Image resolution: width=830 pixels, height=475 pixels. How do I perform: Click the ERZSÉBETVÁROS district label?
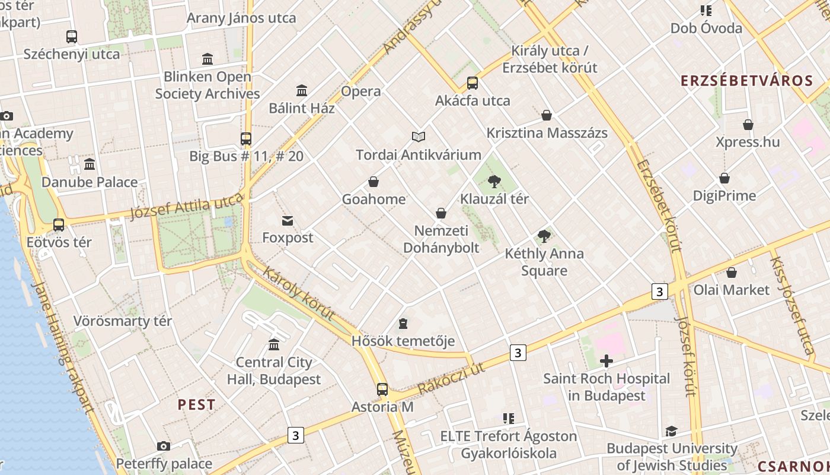[x=745, y=81]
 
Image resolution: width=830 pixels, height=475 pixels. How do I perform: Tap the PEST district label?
[x=196, y=405]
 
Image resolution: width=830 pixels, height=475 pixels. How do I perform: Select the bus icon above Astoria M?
[x=382, y=389]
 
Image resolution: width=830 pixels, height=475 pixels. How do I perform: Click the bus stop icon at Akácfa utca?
[x=472, y=83]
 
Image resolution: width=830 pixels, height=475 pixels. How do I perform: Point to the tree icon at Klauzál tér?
[x=494, y=182]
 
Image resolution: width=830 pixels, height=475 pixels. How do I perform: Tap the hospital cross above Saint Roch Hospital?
[x=606, y=360]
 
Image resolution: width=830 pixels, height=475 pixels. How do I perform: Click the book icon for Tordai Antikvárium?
[x=419, y=137]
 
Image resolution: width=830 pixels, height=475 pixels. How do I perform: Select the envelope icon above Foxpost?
[x=288, y=221]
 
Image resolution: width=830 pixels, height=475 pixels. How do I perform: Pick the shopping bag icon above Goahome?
[x=373, y=182]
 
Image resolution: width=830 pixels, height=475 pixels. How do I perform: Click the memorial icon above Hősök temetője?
[x=403, y=324]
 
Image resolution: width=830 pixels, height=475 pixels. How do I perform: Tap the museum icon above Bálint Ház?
[x=302, y=91]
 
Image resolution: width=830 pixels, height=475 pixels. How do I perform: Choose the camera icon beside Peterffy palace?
[x=164, y=446]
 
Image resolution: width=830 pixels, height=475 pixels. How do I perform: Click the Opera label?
[x=360, y=91]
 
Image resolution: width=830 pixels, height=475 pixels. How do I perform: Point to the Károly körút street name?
[x=298, y=294]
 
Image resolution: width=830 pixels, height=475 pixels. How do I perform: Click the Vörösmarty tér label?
[x=123, y=321]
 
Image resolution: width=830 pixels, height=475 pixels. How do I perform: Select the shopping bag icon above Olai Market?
[x=732, y=273]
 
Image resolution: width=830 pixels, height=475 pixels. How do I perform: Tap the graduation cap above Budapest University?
[x=671, y=431]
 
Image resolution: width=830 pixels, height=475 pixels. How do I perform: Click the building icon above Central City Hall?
[x=274, y=344]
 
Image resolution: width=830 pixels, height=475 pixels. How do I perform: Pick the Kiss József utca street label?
[x=791, y=306]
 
